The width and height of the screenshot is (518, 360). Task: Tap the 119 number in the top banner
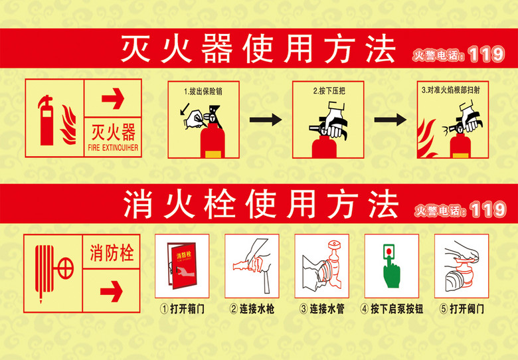[486, 54]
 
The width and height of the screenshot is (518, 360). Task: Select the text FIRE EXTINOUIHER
[113, 148]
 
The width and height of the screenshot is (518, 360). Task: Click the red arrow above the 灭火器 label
[113, 100]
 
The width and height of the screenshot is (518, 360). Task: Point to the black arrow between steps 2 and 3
[390, 120]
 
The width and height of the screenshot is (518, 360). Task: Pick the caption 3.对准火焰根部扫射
[452, 91]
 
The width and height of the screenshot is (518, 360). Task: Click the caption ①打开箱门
[181, 310]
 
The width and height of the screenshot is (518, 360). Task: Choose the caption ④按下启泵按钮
[392, 310]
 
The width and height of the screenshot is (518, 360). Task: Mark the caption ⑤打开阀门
[462, 310]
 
